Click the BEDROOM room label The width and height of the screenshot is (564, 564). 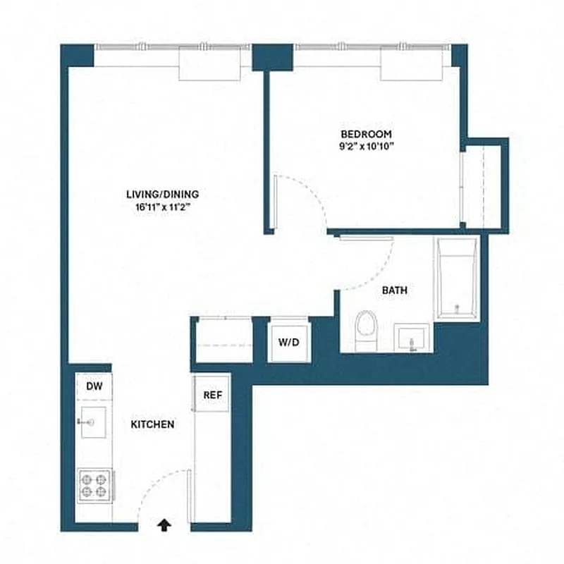click(x=366, y=134)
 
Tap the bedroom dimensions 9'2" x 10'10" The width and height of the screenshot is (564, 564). click(x=366, y=147)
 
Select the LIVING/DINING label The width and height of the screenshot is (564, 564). click(x=163, y=194)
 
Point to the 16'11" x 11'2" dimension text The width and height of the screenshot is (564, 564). click(x=163, y=207)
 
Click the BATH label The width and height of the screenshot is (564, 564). click(x=394, y=290)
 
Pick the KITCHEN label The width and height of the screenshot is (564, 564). click(x=152, y=424)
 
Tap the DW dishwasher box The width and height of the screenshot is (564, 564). click(x=93, y=386)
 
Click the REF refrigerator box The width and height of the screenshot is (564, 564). click(x=212, y=395)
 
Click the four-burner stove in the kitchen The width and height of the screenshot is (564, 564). click(x=93, y=485)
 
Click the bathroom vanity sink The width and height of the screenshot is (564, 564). click(x=413, y=338)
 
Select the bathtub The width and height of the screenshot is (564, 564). click(x=456, y=278)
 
